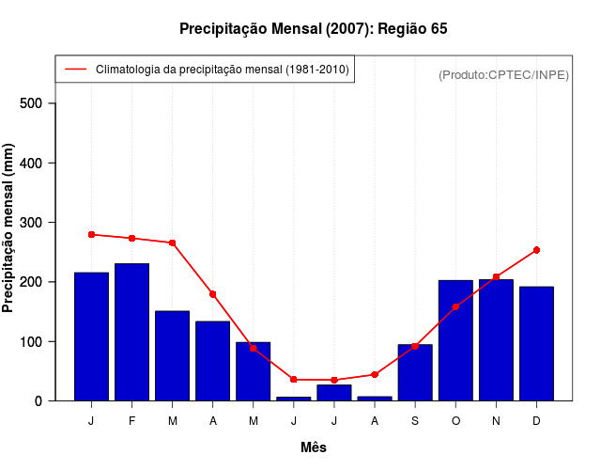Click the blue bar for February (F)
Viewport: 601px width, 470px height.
[x=131, y=332]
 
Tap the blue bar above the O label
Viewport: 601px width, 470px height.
[x=455, y=340]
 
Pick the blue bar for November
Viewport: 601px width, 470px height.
[x=496, y=339]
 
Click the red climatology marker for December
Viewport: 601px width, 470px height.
[x=536, y=250]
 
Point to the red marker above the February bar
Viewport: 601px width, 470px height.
[x=131, y=238]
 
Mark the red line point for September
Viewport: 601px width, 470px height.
[x=415, y=347]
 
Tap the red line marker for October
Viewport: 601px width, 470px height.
[x=455, y=306]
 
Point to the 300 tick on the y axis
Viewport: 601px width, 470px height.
[x=43, y=223]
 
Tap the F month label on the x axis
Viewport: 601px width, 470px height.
[x=131, y=421]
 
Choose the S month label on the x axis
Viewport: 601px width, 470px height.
[x=415, y=421]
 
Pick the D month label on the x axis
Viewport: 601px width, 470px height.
[x=536, y=421]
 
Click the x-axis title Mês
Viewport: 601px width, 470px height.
[x=314, y=447]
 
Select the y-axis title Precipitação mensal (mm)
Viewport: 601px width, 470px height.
[x=9, y=227]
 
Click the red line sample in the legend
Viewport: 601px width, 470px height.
[x=76, y=70]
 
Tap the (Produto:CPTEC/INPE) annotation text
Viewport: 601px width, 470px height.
[x=503, y=74]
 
